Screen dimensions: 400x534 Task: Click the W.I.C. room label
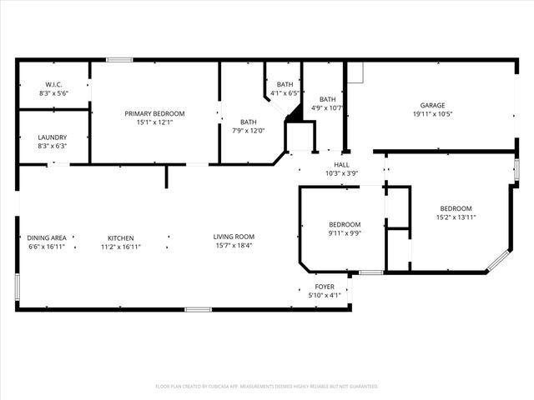pyautogui.click(x=53, y=84)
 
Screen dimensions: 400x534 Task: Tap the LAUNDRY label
pyautogui.click(x=53, y=137)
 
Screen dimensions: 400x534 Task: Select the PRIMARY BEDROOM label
pyautogui.click(x=154, y=113)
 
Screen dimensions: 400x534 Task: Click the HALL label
pyautogui.click(x=341, y=165)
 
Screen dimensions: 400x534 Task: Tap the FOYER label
pyautogui.click(x=324, y=287)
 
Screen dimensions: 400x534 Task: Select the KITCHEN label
pyautogui.click(x=120, y=238)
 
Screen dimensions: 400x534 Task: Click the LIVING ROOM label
pyautogui.click(x=234, y=237)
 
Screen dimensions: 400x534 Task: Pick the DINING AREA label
pyautogui.click(x=46, y=238)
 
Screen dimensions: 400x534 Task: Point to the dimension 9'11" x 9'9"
pyautogui.click(x=345, y=233)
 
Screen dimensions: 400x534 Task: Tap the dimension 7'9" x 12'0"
pyautogui.click(x=248, y=130)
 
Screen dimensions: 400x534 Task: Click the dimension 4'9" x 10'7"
pyautogui.click(x=327, y=107)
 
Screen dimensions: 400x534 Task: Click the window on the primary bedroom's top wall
pyautogui.click(x=119, y=59)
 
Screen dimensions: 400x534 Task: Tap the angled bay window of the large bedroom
pyautogui.click(x=497, y=260)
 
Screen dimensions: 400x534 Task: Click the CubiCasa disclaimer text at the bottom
pyautogui.click(x=267, y=386)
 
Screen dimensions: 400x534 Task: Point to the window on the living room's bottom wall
pyautogui.click(x=198, y=310)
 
